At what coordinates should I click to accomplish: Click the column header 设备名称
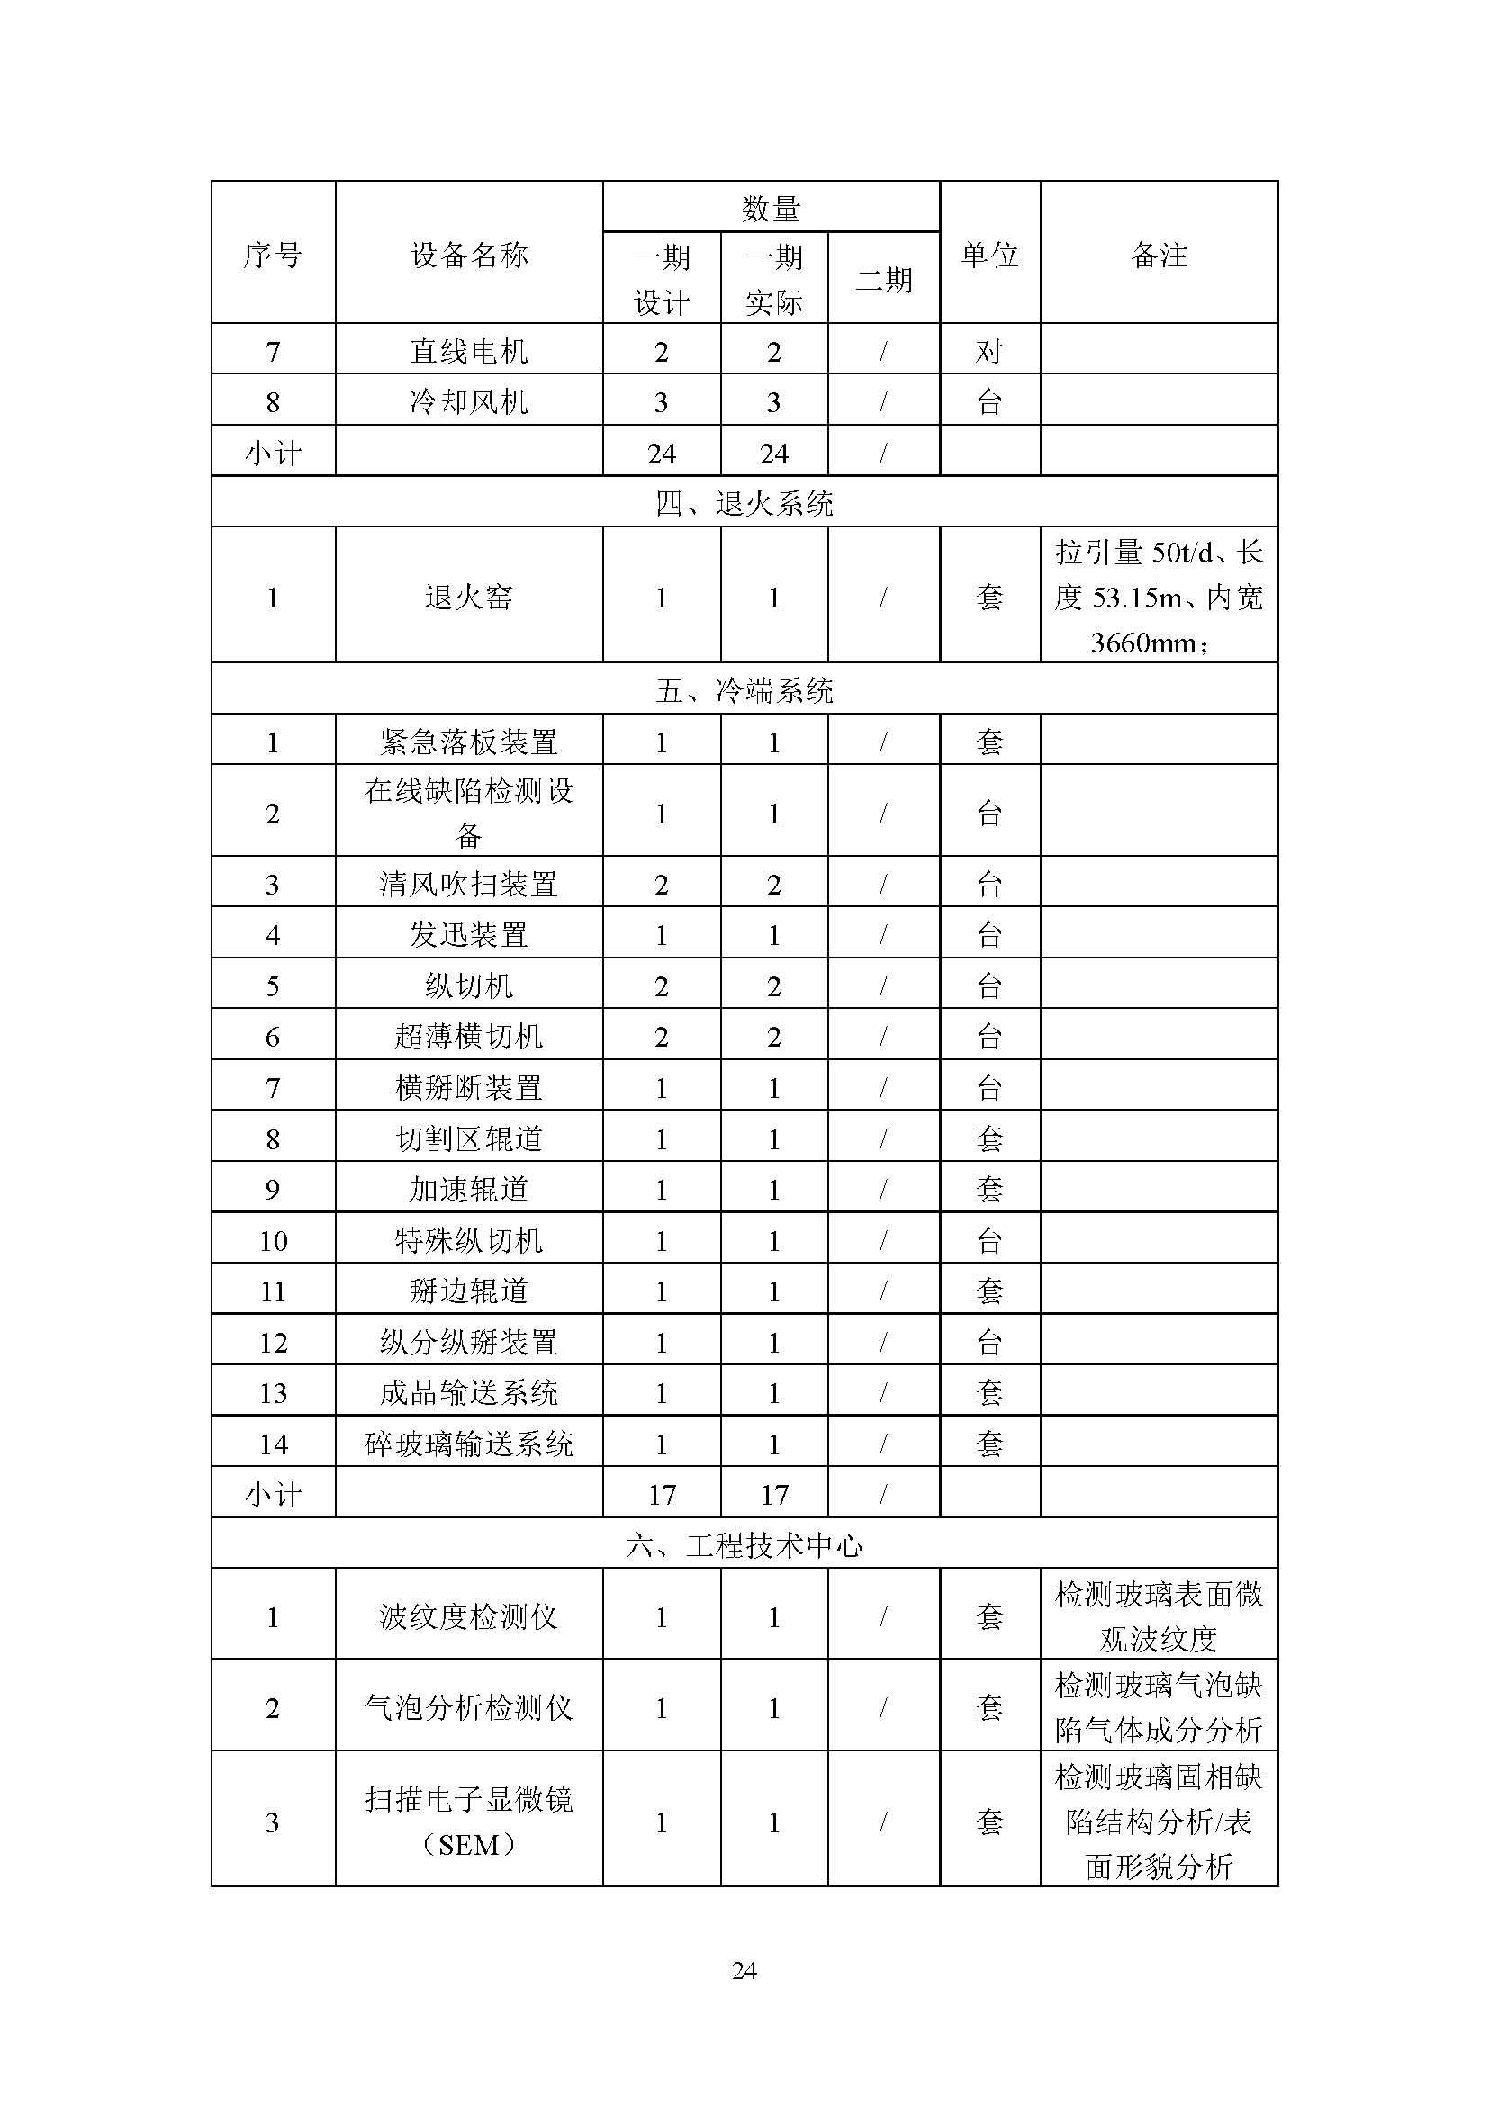pyautogui.click(x=468, y=254)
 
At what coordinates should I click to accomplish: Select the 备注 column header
pyautogui.click(x=1159, y=254)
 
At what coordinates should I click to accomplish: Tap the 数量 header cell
pyautogui.click(x=772, y=209)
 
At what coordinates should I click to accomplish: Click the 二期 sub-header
pyautogui.click(x=884, y=279)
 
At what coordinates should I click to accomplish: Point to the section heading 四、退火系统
pyautogui.click(x=744, y=503)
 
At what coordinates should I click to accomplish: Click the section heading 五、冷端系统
pyautogui.click(x=744, y=690)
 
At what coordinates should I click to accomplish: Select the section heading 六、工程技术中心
pyautogui.click(x=744, y=1546)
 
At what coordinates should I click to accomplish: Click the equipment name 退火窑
pyautogui.click(x=468, y=597)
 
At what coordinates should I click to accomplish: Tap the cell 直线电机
pyautogui.click(x=468, y=351)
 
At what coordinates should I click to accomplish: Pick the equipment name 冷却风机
pyautogui.click(x=468, y=401)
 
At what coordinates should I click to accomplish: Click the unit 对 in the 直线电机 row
pyautogui.click(x=989, y=351)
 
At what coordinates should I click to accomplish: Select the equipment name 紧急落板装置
pyautogui.click(x=468, y=741)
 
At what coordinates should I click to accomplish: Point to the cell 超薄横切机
pyautogui.click(x=468, y=1036)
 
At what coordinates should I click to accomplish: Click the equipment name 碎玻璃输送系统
pyautogui.click(x=468, y=1444)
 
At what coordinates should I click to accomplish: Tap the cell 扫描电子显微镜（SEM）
pyautogui.click(x=468, y=1821)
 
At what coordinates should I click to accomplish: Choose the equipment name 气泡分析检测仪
pyautogui.click(x=468, y=1707)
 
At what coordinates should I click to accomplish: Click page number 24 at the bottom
pyautogui.click(x=744, y=1969)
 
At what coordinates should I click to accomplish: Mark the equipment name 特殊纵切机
pyautogui.click(x=468, y=1240)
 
